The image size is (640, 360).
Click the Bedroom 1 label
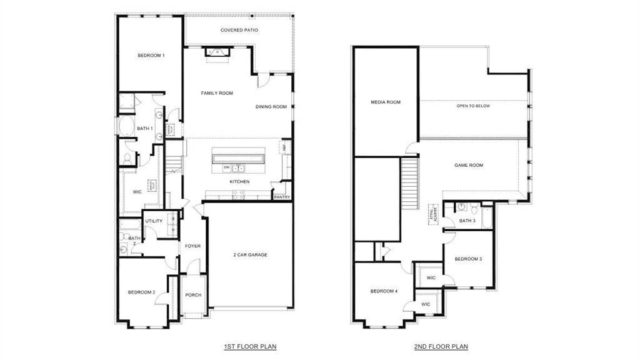[x=151, y=56]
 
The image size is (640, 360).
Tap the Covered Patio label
[x=239, y=30]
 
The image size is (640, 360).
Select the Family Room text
[x=217, y=93]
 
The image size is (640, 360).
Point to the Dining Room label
[x=271, y=107]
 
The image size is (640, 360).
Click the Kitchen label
[x=239, y=182]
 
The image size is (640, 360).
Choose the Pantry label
[x=281, y=197]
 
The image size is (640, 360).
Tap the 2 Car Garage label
[x=250, y=254]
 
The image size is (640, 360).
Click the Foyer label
[x=192, y=246]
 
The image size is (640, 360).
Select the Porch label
[x=193, y=295]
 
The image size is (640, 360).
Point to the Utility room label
[x=154, y=221]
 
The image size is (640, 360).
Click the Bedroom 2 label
[x=141, y=292]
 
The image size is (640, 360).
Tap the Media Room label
[x=386, y=102]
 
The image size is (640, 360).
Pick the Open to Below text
[x=473, y=106]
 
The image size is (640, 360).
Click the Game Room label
[x=469, y=165]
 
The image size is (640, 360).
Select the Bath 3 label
[x=467, y=221]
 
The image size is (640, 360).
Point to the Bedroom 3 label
[x=468, y=259]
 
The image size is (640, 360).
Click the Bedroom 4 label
[x=383, y=291]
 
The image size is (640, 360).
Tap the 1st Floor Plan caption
[x=250, y=346]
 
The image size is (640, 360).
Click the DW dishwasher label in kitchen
[x=227, y=167]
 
